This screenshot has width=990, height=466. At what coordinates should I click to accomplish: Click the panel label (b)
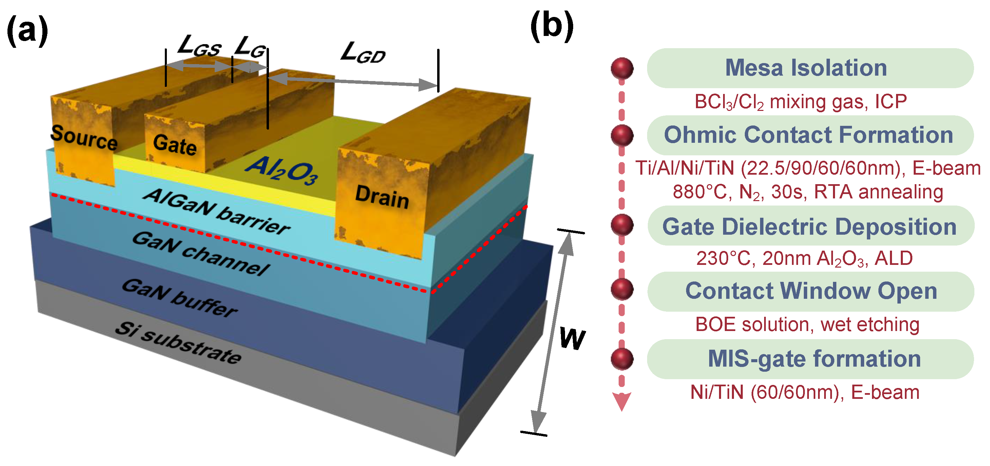[552, 26]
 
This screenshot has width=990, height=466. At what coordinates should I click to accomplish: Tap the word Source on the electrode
[84, 138]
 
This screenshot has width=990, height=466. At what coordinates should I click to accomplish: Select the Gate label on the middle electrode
[175, 145]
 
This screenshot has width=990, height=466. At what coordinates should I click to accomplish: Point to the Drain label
[382, 197]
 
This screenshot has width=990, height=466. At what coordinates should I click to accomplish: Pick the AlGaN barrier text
[217, 211]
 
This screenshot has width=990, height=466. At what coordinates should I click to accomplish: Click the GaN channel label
[201, 254]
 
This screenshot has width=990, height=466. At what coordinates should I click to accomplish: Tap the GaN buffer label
[179, 298]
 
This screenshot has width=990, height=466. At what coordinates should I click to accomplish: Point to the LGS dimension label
[199, 46]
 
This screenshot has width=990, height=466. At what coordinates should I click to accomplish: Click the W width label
[572, 339]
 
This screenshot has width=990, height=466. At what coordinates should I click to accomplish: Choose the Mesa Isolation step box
[810, 68]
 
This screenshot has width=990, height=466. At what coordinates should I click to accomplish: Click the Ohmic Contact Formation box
[810, 135]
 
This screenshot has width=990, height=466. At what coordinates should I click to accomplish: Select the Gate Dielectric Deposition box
[811, 226]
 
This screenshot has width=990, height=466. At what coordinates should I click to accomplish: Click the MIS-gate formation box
[811, 359]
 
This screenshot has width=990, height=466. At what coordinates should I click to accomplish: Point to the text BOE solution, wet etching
[807, 325]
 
